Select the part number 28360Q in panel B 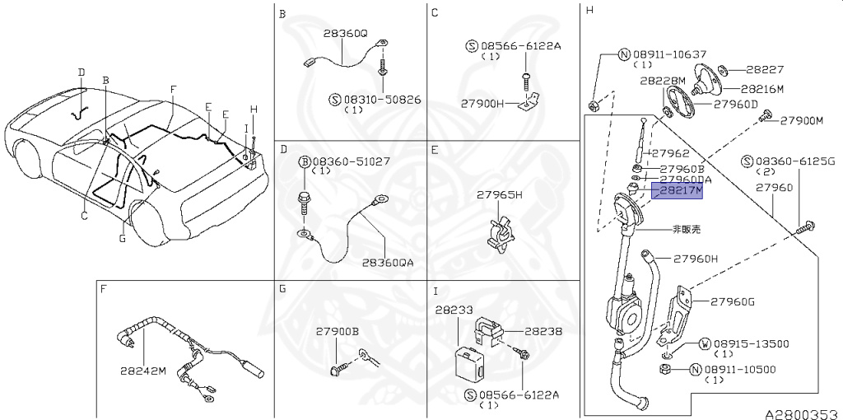(x=345, y=35)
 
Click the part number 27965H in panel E (x=500, y=195)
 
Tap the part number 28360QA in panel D (x=388, y=263)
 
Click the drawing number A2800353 (x=799, y=412)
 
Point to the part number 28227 (x=765, y=70)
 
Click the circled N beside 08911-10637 (x=624, y=55)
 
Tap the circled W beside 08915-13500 (x=705, y=343)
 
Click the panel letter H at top (x=589, y=11)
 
